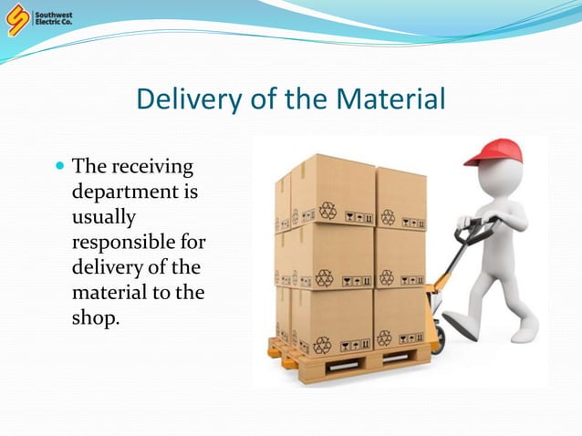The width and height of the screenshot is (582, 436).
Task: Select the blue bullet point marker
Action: (61, 167)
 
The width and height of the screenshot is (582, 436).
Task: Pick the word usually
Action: (103, 219)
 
